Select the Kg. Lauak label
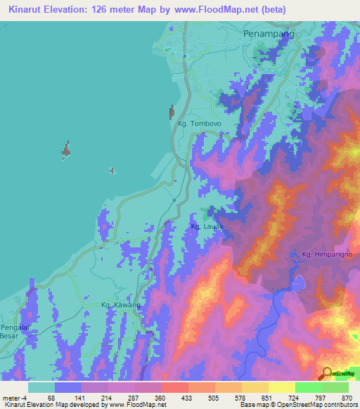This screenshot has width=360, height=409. click(207, 226)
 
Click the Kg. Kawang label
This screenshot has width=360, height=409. click(121, 305)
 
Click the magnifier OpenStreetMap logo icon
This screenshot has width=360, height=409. click(327, 372)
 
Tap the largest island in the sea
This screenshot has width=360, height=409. click(65, 150)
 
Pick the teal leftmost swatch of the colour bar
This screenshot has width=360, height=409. click(41, 387)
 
